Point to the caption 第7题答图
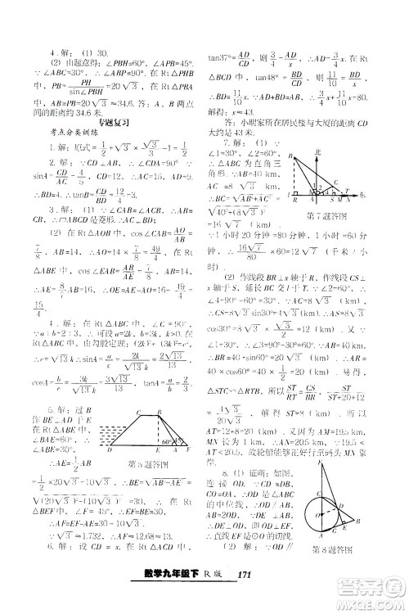tap(327, 215)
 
